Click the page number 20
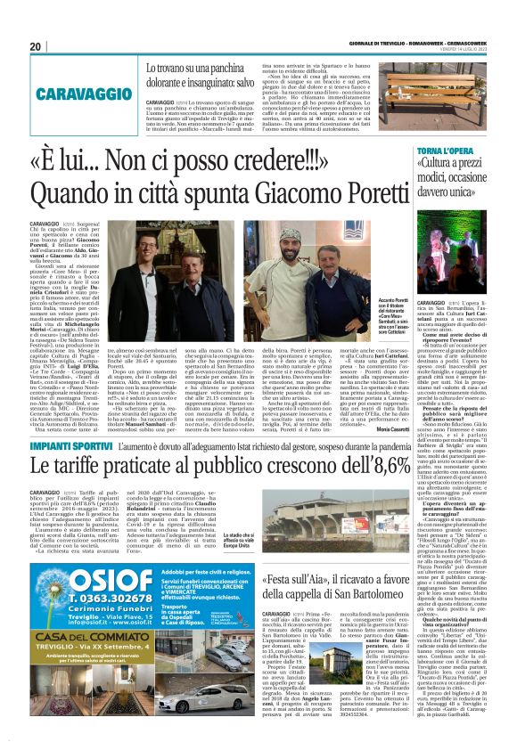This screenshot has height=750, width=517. click(x=36, y=46)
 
